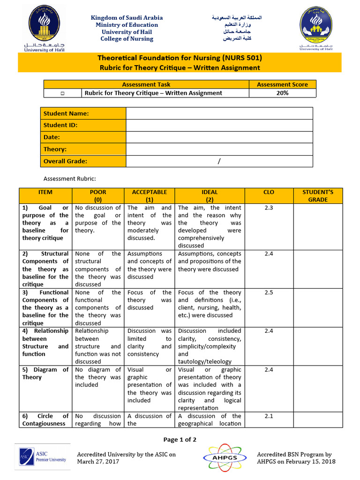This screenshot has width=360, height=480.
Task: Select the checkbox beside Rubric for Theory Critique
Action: click(62, 93)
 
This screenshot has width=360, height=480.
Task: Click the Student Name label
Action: click(66, 113)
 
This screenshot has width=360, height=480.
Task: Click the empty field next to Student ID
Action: click(219, 125)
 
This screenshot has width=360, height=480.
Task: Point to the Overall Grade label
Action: click(66, 161)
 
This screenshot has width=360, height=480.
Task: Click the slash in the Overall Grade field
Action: click(218, 161)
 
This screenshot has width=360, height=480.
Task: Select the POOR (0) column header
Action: click(98, 195)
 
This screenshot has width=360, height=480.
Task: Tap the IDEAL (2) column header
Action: click(209, 195)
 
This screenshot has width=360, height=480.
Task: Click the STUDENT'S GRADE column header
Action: click(318, 195)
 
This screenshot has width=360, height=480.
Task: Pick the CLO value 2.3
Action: click(269, 208)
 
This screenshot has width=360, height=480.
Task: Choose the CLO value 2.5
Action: click(269, 292)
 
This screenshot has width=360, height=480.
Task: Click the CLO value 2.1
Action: click(269, 416)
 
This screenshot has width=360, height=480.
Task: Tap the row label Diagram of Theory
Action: click(45, 373)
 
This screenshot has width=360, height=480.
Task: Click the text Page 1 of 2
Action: click(180, 439)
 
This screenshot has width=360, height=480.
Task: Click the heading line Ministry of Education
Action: click(127, 25)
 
